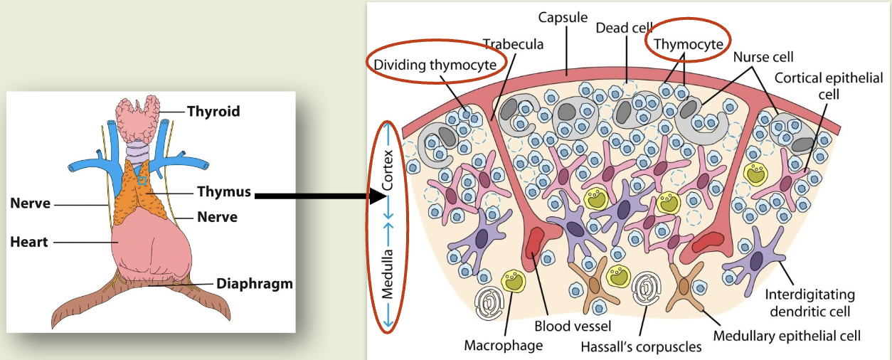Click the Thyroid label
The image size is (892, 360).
point(213,111)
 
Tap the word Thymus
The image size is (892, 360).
point(224,191)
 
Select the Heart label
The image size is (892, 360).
point(29,242)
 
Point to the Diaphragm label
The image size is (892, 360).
point(254,283)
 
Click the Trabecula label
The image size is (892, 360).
point(514,44)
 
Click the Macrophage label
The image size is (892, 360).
point(503,346)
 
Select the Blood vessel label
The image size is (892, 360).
point(568,329)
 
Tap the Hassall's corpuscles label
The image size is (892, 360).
point(641,347)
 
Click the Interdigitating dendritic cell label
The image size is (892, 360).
point(809,302)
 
